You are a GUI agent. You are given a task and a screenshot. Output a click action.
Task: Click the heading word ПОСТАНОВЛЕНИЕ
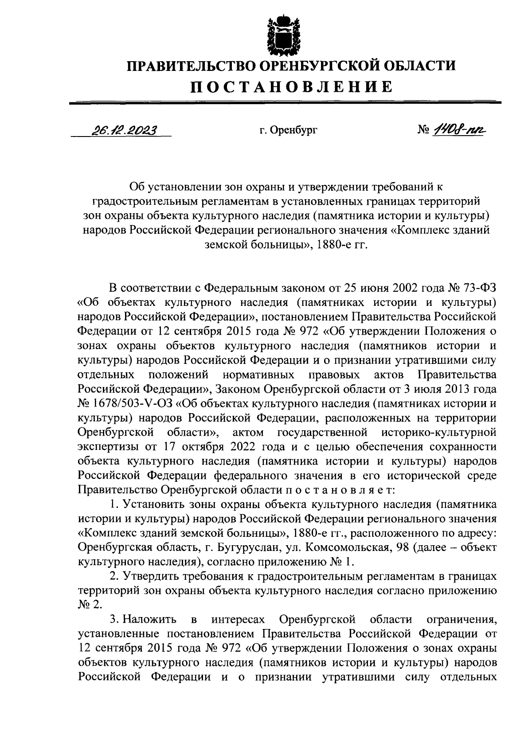(292, 86)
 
